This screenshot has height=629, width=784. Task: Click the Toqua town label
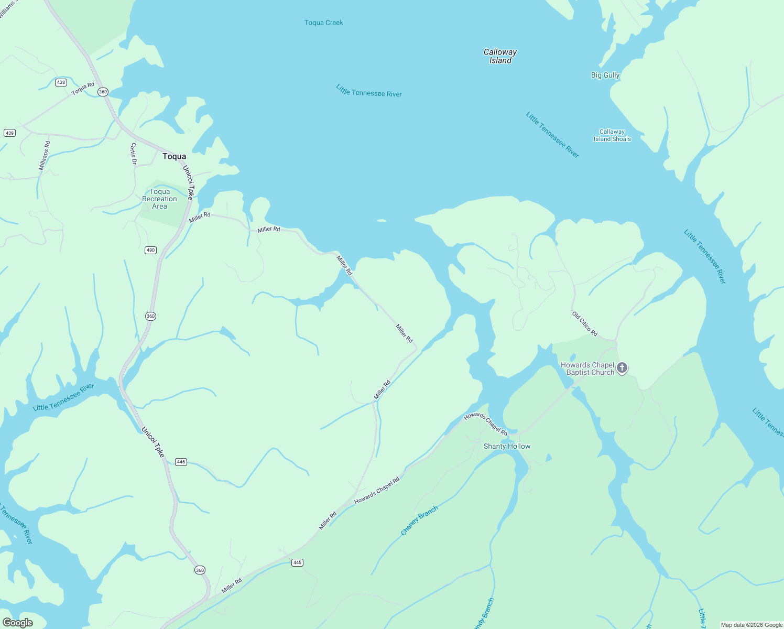[x=174, y=156]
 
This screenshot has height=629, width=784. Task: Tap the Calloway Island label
[x=500, y=56]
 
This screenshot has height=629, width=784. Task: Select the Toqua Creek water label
[x=324, y=23]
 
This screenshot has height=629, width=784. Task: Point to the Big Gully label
[x=605, y=75]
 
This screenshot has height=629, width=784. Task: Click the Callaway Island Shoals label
[x=612, y=135]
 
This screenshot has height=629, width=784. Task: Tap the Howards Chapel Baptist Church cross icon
[x=622, y=368]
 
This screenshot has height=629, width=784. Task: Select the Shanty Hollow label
[x=507, y=446]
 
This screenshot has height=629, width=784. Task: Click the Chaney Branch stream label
[x=419, y=520]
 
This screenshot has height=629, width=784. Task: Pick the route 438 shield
[x=61, y=82]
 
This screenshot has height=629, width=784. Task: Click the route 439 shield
[x=9, y=133]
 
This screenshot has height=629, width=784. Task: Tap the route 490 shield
[x=150, y=250]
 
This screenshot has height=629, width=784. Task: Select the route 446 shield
[x=181, y=462]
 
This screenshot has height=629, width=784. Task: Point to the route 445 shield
[x=297, y=562]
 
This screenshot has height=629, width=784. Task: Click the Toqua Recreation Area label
[x=159, y=199]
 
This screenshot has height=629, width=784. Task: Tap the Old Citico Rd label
[x=585, y=323]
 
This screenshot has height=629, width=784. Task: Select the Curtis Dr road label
[x=133, y=154]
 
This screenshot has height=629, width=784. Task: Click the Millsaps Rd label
[x=45, y=155]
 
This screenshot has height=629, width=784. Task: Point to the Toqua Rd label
[x=83, y=89]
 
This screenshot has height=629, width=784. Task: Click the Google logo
[x=17, y=623]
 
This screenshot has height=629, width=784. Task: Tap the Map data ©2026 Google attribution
[x=752, y=625]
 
